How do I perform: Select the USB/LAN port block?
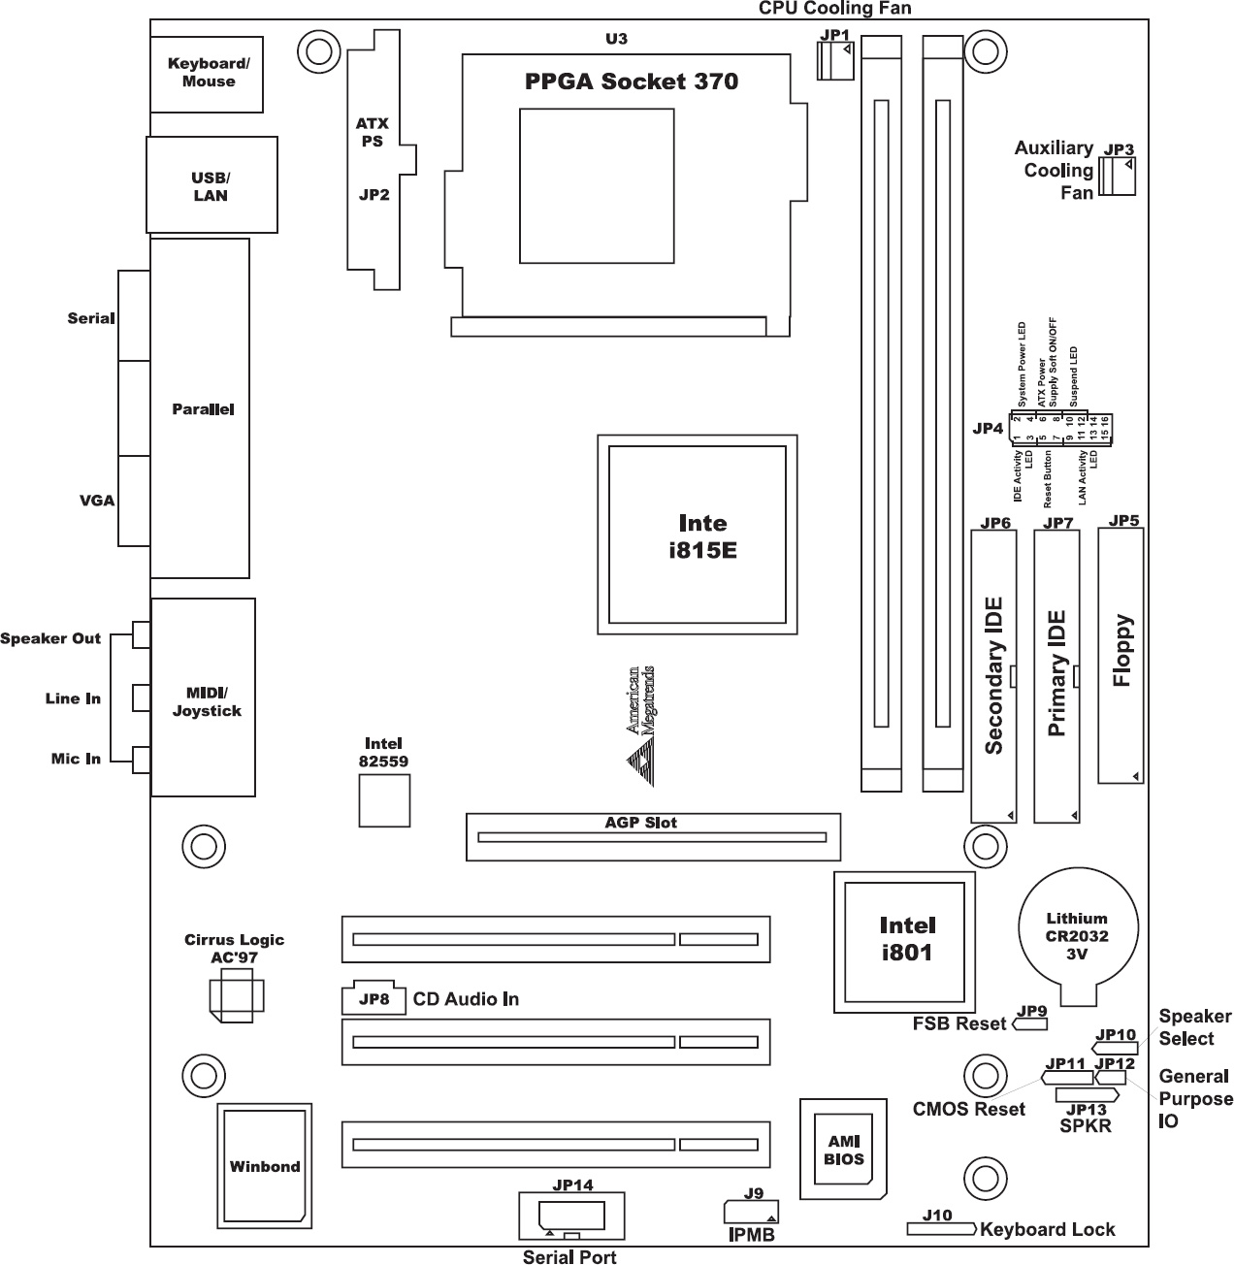(x=211, y=184)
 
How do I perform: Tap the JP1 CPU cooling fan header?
(x=835, y=62)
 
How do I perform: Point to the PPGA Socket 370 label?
(x=631, y=81)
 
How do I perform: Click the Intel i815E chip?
(x=697, y=535)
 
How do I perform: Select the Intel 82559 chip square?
(x=383, y=800)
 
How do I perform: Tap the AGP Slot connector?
(x=653, y=837)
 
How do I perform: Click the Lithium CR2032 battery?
(x=1077, y=935)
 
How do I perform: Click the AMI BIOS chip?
(x=843, y=1151)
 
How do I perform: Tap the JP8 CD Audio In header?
(x=368, y=999)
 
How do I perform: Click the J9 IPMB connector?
(x=751, y=1212)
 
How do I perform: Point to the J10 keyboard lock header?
(x=940, y=1229)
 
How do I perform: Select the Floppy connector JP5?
(x=1121, y=655)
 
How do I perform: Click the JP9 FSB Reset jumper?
(x=1031, y=1022)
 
